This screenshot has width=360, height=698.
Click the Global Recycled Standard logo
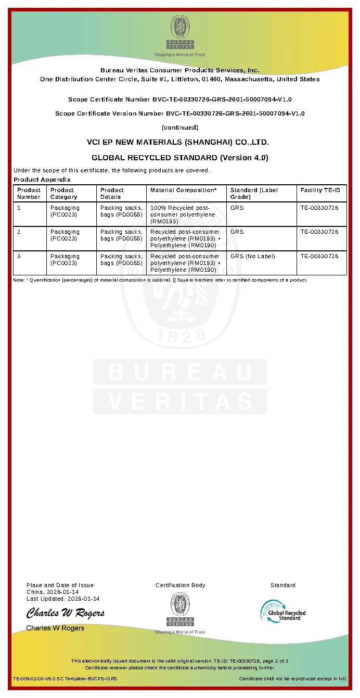283,611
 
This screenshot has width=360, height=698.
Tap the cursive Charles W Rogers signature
66,613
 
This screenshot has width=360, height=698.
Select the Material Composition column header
183,191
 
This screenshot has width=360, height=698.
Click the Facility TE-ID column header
320,191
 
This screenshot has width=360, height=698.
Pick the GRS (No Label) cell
253,256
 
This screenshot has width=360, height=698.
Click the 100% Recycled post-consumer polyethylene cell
180,214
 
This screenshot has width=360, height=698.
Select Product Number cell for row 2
19,232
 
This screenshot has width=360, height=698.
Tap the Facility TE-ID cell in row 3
319,256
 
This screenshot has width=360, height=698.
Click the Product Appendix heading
42,180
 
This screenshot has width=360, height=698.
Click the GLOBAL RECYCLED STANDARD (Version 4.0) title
180,158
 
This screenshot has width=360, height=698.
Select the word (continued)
180,128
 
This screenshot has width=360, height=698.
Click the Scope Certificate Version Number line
180,113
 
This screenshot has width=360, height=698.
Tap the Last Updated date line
63,599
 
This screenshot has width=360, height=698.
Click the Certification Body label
181,585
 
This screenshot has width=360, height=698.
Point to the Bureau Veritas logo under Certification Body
180,611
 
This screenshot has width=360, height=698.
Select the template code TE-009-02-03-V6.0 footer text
65,679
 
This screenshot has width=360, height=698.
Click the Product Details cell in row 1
121,211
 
